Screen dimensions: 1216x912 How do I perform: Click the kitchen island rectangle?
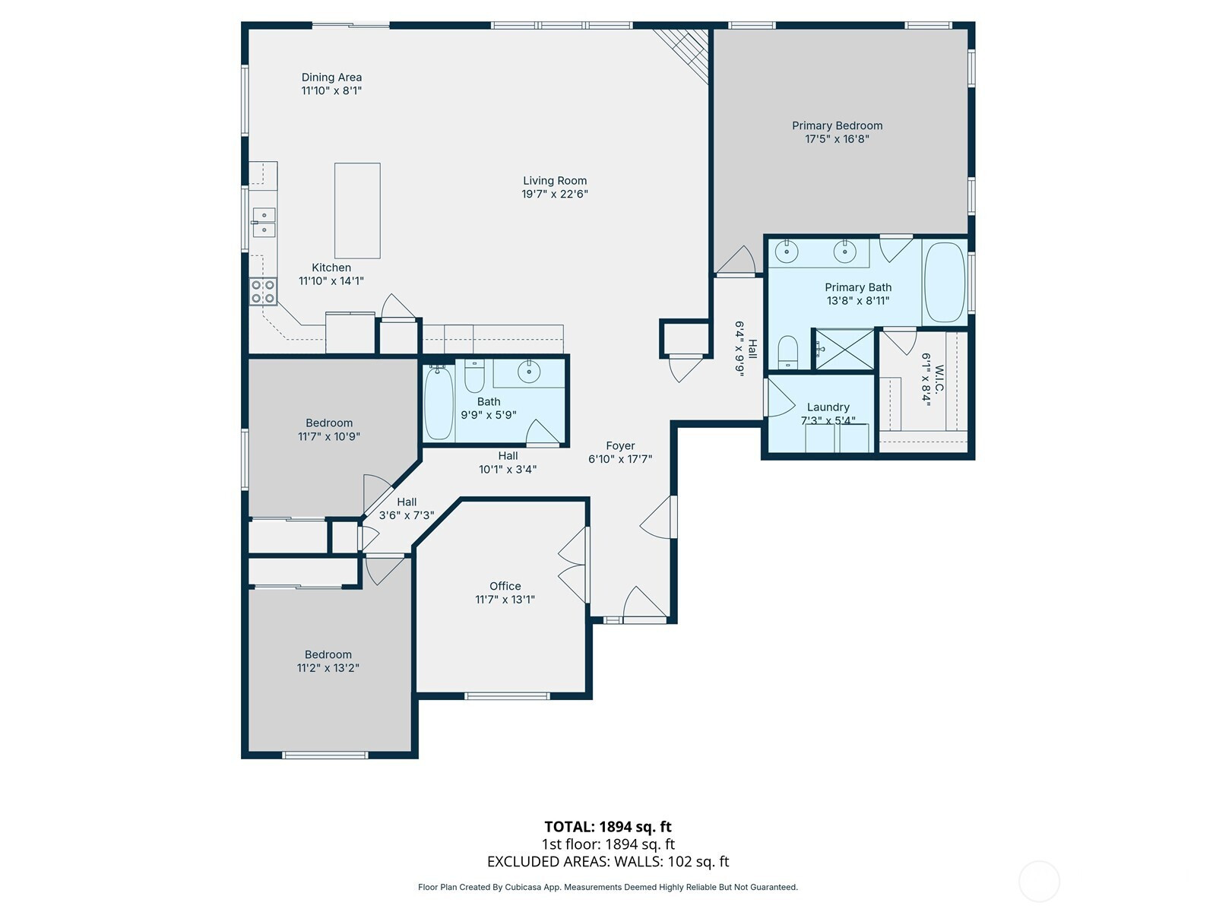(356, 211)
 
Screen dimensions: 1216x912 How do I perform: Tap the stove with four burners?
(263, 292)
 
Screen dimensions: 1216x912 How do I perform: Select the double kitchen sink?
(264, 222)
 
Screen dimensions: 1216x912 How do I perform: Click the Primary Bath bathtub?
(945, 283)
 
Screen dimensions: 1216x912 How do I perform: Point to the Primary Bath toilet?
(787, 352)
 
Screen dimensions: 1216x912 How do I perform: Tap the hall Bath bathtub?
(439, 402)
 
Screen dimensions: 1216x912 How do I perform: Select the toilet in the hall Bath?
(474, 375)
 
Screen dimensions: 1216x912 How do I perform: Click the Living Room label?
(555, 181)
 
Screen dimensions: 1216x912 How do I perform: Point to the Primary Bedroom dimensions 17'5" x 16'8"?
(837, 139)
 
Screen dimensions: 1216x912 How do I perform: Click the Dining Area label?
(331, 78)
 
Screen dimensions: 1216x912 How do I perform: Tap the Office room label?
(505, 586)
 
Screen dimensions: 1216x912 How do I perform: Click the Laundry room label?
(828, 407)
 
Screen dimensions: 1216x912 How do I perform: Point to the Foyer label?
(620, 446)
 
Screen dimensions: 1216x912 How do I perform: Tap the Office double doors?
(573, 565)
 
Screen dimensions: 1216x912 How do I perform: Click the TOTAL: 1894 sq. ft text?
(608, 827)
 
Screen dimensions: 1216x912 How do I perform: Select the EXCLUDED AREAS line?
(608, 862)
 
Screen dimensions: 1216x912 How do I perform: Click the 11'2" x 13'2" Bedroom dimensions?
(328, 668)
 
